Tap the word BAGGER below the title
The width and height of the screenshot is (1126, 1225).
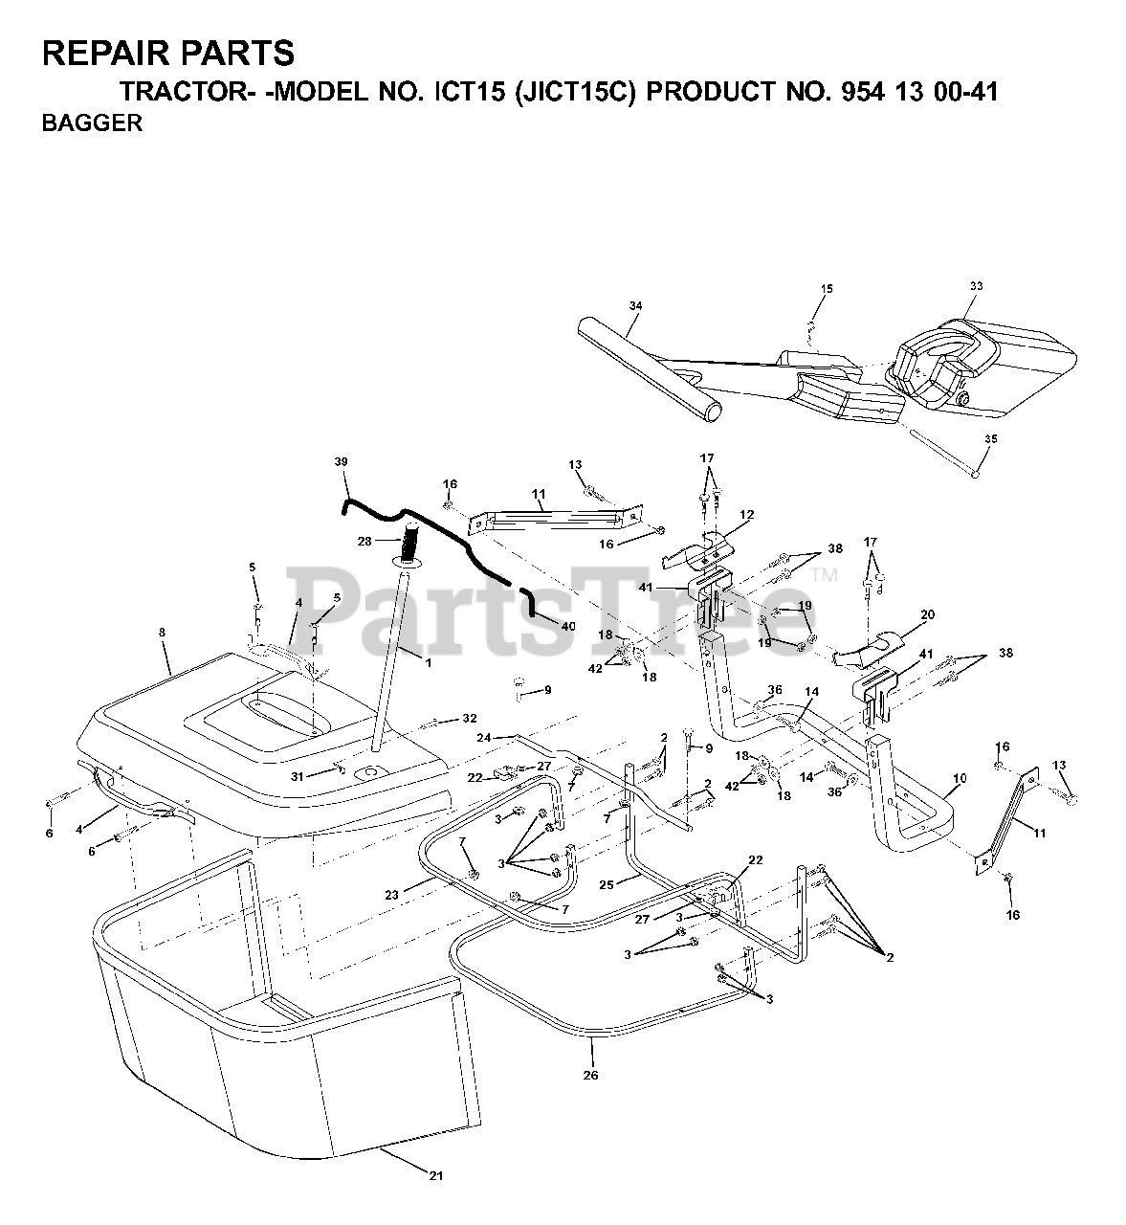point(92,122)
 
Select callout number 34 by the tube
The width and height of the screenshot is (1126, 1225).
point(635,306)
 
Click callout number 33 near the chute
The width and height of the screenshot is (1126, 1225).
point(976,286)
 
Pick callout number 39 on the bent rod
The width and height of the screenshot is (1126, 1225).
point(342,461)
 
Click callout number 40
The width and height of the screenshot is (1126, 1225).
point(569,626)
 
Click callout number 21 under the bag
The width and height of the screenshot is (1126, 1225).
point(436,1176)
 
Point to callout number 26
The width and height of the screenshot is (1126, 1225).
point(591,1075)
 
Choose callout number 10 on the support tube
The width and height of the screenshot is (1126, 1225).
point(960,779)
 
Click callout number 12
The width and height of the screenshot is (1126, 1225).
point(746,515)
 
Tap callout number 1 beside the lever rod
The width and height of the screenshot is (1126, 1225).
point(428,662)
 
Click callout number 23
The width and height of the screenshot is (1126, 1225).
point(390,895)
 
